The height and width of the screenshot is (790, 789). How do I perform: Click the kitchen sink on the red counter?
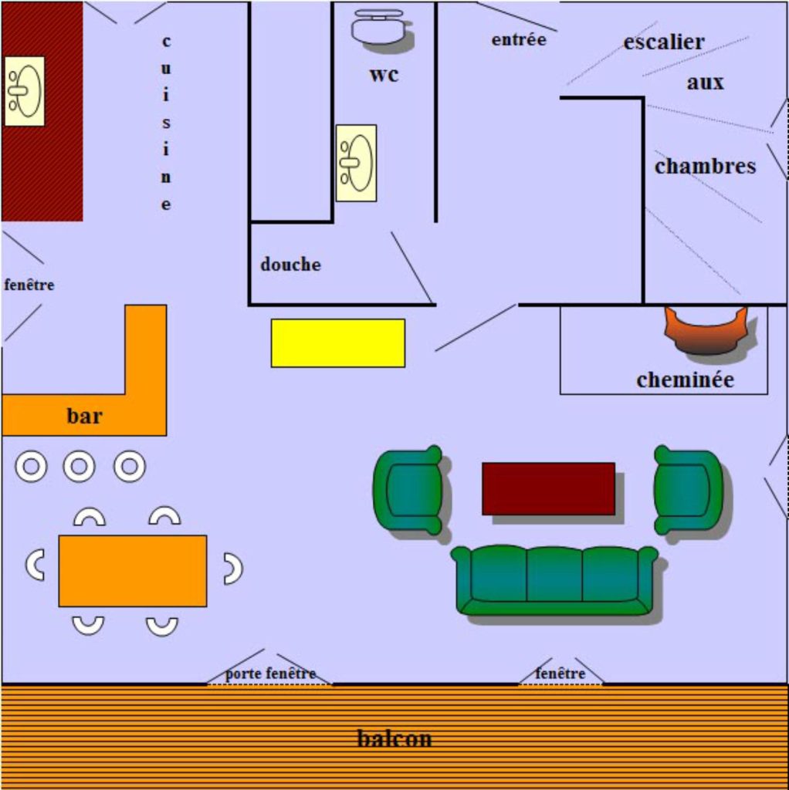[x=25, y=91]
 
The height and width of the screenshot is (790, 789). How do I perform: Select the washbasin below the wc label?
[x=356, y=163]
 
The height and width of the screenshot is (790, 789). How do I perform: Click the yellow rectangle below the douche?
[x=337, y=343]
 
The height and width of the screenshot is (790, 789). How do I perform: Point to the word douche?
[x=290, y=265]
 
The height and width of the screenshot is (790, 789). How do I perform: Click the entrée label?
[x=519, y=39]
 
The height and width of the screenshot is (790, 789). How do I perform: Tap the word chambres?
[x=705, y=166]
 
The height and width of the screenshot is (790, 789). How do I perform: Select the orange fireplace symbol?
[x=706, y=330]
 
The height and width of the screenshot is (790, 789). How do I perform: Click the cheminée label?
[x=685, y=380]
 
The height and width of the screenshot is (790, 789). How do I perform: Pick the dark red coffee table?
[x=548, y=488]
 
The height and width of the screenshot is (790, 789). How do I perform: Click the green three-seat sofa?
[x=554, y=579]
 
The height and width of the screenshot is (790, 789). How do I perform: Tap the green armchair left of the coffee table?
[x=409, y=490]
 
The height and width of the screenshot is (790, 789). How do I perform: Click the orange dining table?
[x=133, y=570]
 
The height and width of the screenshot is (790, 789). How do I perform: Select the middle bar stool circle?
[x=79, y=466]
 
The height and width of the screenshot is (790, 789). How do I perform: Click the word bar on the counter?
[x=84, y=417]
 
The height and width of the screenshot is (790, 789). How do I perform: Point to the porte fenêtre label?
[x=270, y=674]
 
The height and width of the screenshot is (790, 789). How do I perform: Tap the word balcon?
[x=394, y=738]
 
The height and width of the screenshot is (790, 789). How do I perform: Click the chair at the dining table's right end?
[x=232, y=569]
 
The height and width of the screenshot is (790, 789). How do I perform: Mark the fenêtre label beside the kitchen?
[x=29, y=285]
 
